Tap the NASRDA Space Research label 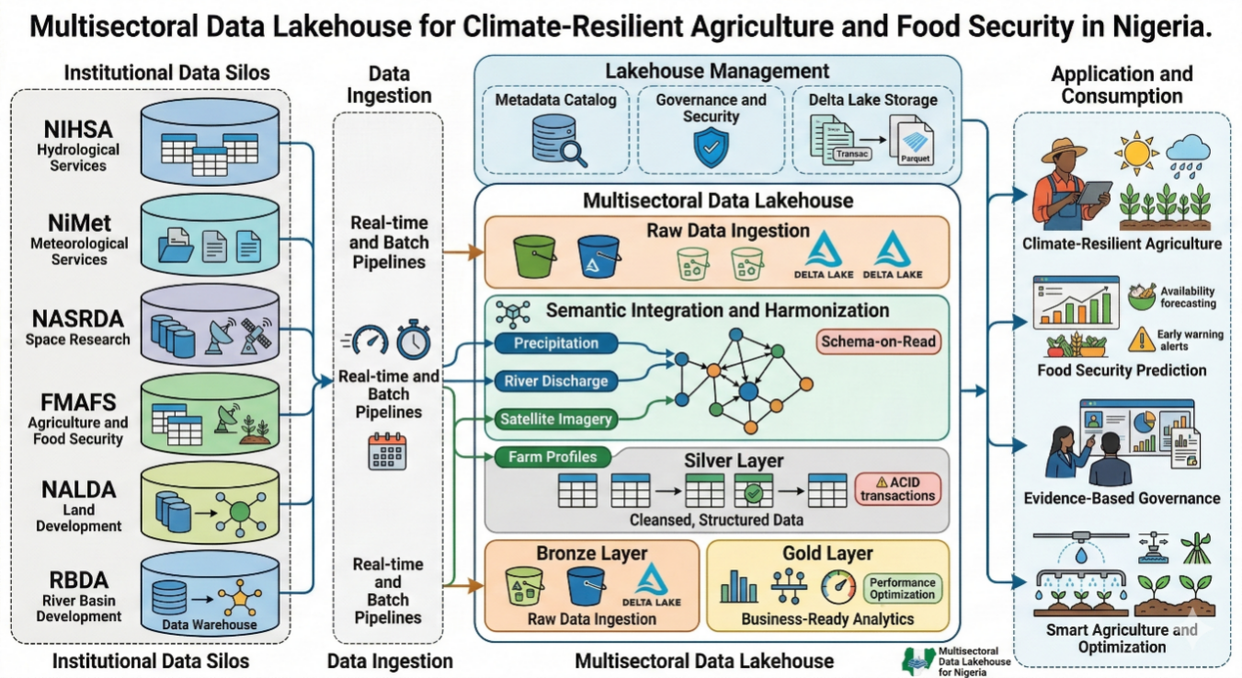click(77, 328)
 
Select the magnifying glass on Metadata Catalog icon click(574, 152)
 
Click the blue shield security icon click(711, 147)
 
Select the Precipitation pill click(555, 343)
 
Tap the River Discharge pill click(555, 381)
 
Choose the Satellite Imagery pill click(555, 419)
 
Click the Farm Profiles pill click(545, 457)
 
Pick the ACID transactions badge click(897, 488)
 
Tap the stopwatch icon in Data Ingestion click(413, 341)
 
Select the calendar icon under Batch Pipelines click(386, 451)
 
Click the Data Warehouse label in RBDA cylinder click(209, 625)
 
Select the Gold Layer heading click(827, 553)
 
